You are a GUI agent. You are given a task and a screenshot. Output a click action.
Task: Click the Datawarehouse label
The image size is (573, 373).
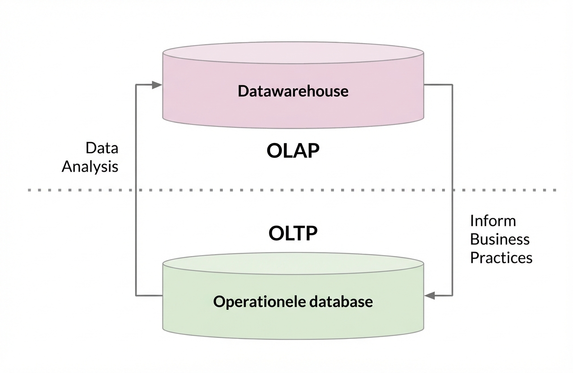[293, 91]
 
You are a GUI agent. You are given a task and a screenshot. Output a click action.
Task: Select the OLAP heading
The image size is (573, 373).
[293, 152]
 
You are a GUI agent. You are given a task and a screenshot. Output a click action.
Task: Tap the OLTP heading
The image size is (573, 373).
[293, 233]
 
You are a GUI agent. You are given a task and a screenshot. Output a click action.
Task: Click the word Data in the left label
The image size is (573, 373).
[102, 148]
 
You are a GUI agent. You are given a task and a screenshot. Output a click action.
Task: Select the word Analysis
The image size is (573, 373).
[90, 167]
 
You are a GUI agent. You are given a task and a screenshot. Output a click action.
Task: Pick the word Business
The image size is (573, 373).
[500, 239]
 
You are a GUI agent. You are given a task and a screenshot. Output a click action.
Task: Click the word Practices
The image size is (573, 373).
[501, 258]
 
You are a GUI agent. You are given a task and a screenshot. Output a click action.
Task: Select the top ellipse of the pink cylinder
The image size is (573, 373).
[293, 52]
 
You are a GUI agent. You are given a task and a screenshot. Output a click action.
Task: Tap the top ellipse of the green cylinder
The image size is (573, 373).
[293, 263]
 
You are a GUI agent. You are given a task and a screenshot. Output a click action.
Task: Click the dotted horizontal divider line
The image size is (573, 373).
[67, 190]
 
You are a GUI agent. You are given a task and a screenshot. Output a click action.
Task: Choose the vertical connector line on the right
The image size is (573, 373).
[452, 134]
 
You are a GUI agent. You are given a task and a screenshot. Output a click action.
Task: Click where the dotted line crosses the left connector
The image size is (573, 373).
[136, 190]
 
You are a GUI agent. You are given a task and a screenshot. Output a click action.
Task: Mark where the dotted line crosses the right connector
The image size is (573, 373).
[452, 190]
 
